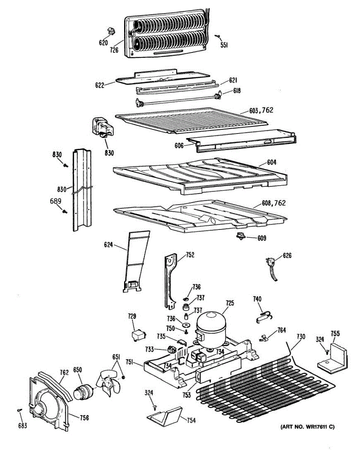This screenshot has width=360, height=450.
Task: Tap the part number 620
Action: [x=103, y=43]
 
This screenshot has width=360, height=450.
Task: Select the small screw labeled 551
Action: [x=217, y=36]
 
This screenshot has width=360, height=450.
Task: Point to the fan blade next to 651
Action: [x=110, y=381]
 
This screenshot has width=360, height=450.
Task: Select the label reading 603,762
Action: [x=261, y=111]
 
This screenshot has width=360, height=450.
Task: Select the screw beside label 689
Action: [x=64, y=211]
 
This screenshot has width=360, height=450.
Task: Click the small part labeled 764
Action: [x=265, y=337]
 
